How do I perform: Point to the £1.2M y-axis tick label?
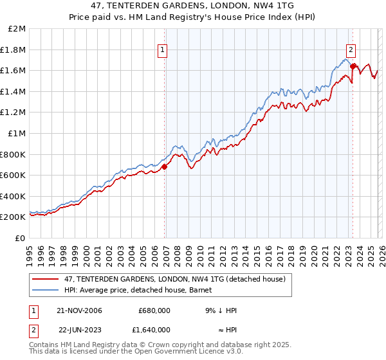tap(14, 113)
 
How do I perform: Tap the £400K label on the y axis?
tap(14, 197)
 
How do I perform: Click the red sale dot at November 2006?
tap(165, 167)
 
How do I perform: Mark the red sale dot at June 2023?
tap(353, 66)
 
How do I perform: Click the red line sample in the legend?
tap(46, 279)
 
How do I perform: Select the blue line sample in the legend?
tap(46, 291)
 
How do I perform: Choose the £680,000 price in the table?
tap(154, 310)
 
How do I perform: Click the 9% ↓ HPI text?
tap(220, 310)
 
